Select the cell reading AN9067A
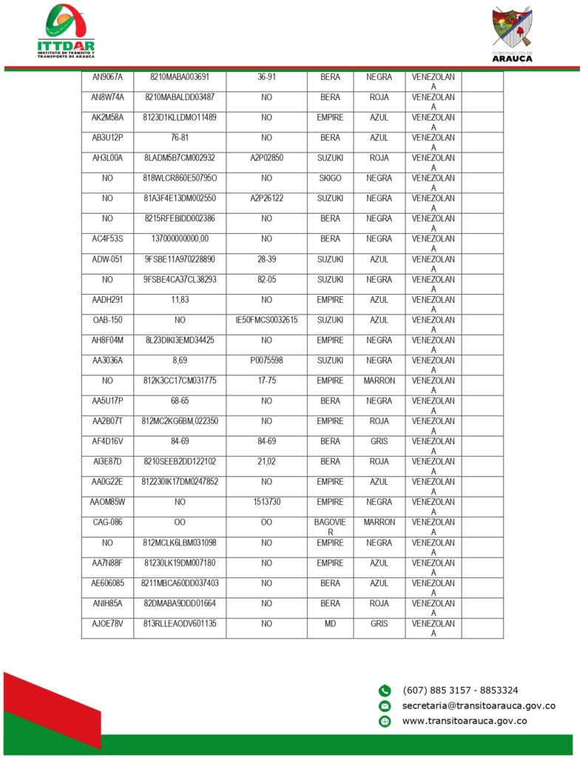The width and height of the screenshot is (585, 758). coord(107,77)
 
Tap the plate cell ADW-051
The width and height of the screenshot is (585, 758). coord(107,259)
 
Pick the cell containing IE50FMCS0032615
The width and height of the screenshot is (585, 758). coord(266,320)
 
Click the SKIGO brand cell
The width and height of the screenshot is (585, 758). coord(330,178)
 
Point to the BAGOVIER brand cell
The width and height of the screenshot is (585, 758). coord(330,527)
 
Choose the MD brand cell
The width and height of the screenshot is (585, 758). coord(330,624)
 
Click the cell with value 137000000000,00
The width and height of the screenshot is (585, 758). coord(180,239)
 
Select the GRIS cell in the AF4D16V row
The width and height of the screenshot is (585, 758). coord(379,441)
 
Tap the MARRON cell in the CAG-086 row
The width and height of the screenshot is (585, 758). coord(379,523)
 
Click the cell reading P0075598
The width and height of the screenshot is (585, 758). coord(266,360)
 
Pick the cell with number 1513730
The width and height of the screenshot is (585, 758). coord(266,502)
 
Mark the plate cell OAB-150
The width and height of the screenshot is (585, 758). coord(107,320)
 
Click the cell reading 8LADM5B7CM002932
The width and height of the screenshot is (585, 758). coord(180,158)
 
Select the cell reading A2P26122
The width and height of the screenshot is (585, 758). coord(266,198)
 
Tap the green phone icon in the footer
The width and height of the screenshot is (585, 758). coord(385,691)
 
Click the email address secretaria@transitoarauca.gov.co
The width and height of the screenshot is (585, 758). coord(478,705)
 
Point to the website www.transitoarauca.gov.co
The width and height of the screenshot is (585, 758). coord(464,721)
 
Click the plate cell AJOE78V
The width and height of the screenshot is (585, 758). coord(107,624)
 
